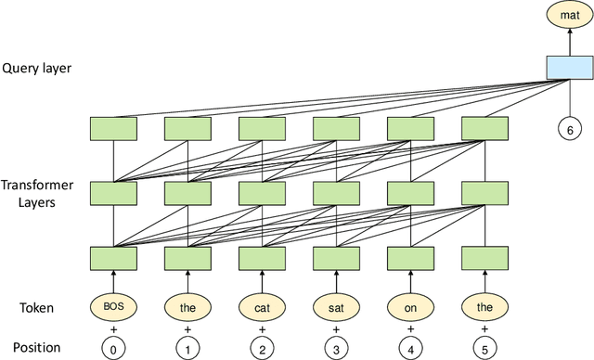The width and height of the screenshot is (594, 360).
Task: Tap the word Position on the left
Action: click(31, 347)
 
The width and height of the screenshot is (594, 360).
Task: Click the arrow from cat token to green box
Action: click(262, 279)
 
